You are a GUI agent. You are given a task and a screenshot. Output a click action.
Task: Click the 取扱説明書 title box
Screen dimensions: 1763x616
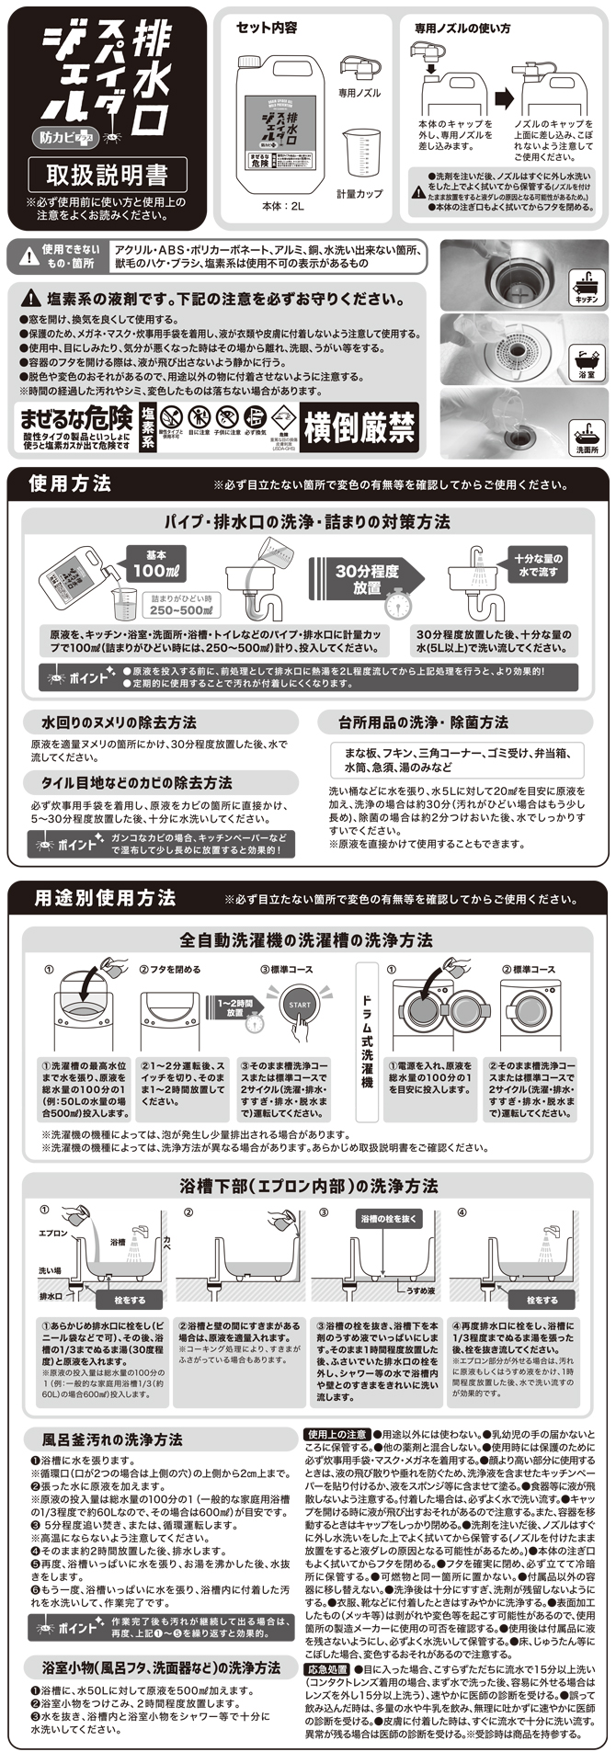(x=108, y=174)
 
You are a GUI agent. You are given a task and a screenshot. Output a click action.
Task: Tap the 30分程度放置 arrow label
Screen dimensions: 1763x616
(x=365, y=578)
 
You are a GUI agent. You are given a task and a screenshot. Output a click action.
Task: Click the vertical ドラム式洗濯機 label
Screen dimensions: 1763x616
(x=367, y=1040)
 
